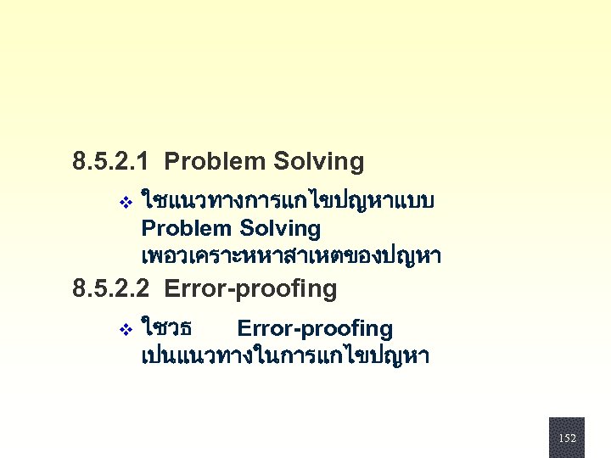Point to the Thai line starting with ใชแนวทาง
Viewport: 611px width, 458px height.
(x=289, y=202)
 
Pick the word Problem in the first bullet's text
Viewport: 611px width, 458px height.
(x=188, y=228)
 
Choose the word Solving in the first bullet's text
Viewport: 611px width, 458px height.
(x=281, y=228)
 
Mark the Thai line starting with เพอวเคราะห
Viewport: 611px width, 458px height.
(x=291, y=255)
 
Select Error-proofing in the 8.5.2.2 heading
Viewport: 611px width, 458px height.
(x=251, y=289)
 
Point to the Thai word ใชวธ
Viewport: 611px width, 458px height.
(x=166, y=328)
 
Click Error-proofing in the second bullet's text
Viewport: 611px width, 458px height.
(x=315, y=328)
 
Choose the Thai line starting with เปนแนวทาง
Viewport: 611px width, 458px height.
(x=285, y=355)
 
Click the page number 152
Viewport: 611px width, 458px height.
(x=567, y=438)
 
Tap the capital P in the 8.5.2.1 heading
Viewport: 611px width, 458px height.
(x=171, y=160)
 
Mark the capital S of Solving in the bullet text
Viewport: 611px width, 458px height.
(x=247, y=228)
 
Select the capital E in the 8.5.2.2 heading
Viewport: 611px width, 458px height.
(x=171, y=289)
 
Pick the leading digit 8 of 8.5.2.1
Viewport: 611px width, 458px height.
(x=79, y=160)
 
